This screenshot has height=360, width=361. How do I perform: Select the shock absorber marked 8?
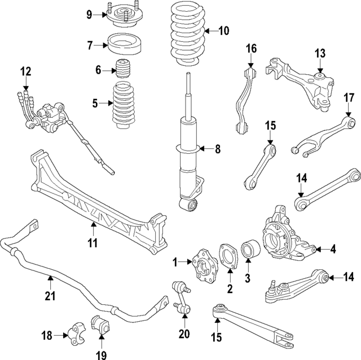click(188, 152)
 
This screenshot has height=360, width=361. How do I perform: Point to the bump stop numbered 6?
click(124, 70)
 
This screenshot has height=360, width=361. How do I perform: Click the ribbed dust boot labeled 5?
click(122, 103)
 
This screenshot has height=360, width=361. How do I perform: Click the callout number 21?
click(50, 297)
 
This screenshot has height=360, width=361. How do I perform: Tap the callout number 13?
click(320, 54)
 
